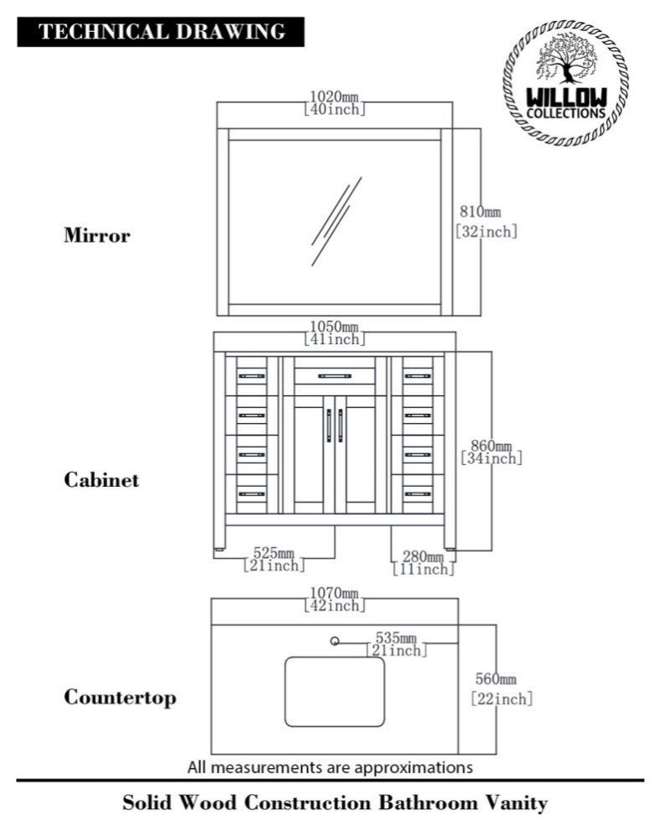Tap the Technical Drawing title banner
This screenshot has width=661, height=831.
coord(161,32)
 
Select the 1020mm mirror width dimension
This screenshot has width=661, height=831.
coord(334,102)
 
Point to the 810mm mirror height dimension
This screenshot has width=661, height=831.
coord(486,222)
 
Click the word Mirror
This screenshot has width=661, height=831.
coord(97,235)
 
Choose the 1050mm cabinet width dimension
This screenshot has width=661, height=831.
coord(334,332)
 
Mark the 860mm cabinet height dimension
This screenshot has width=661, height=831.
coord(492,452)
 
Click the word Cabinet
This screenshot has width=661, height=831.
coord(101,480)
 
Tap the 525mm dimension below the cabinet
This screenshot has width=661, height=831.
coord(273,559)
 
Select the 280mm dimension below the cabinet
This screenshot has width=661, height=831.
coord(423,563)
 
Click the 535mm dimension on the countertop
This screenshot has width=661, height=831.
coord(396,644)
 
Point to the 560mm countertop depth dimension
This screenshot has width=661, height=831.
coord(500,688)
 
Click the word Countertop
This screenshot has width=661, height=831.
coord(120,697)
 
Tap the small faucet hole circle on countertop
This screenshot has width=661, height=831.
coord(336,642)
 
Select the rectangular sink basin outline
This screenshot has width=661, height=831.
coord(335,692)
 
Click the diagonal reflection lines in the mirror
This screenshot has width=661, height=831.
coord(336,220)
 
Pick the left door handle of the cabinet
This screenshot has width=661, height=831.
coord(330,425)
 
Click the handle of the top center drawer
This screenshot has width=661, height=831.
coord(335,375)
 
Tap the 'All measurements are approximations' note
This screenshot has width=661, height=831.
coord(330,766)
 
